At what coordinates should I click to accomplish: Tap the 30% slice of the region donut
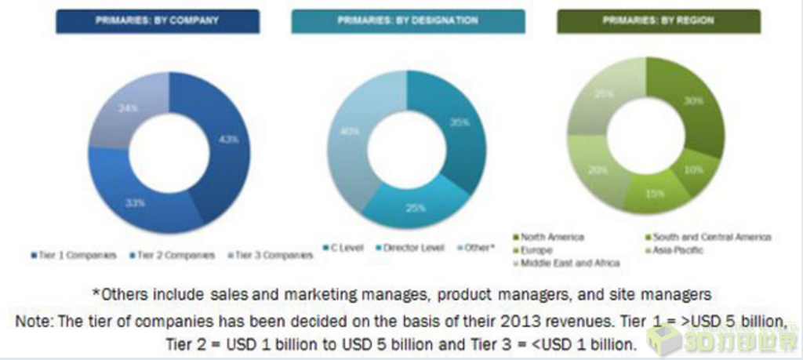[690, 110]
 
